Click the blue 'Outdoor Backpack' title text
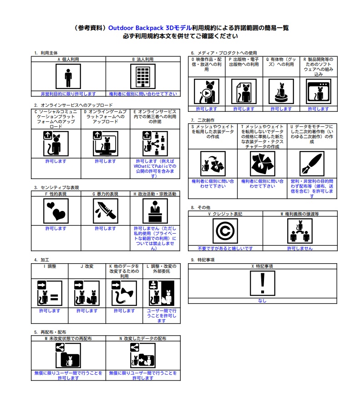[x=136, y=28]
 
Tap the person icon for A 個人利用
[x=68, y=76]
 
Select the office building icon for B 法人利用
[x=143, y=76]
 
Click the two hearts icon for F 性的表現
[x=56, y=211]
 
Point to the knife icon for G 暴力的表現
[x=106, y=211]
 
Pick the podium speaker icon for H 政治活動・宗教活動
[x=155, y=211]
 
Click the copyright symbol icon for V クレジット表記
[x=225, y=231]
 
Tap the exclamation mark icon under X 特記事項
[x=263, y=283]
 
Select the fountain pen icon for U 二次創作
[x=312, y=164]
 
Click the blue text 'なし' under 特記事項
[x=262, y=301]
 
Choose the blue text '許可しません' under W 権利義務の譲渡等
[x=300, y=249]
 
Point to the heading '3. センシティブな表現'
[x=56, y=187]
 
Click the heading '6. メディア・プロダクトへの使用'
[x=224, y=53]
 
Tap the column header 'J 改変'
[x=87, y=266]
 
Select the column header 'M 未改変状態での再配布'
[x=68, y=338]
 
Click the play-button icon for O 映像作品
[x=207, y=91]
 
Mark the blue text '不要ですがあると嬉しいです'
[x=225, y=249]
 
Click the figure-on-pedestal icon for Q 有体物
[x=281, y=91]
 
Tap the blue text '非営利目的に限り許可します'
[x=68, y=94]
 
